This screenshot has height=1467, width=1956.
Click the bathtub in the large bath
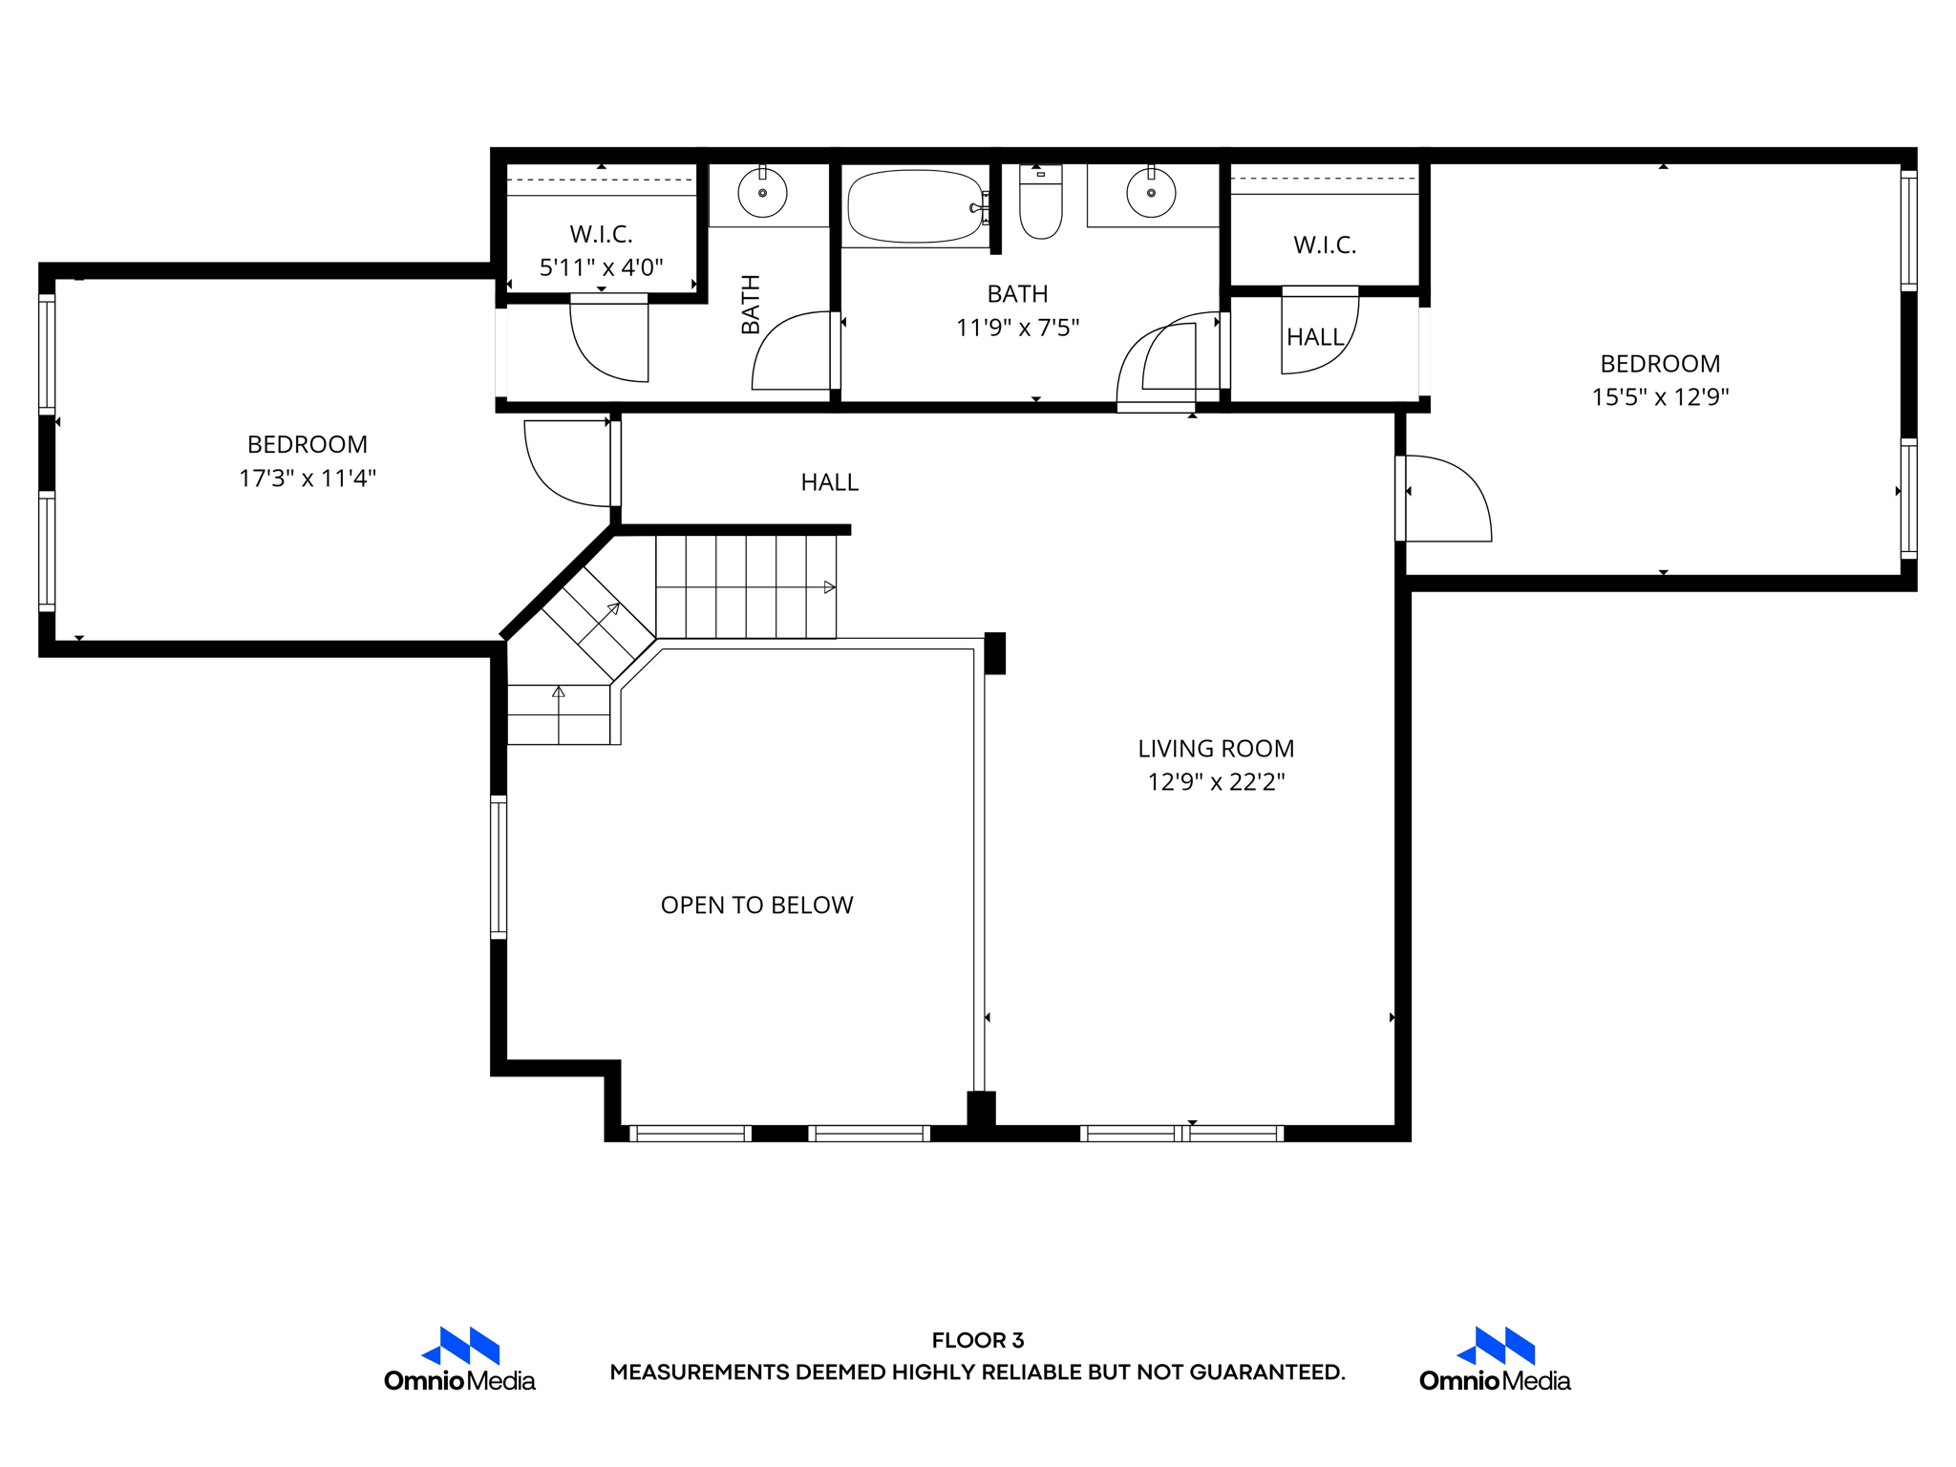[915, 206]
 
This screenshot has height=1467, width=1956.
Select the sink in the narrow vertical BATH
[762, 193]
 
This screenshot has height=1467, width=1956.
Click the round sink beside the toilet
[1151, 193]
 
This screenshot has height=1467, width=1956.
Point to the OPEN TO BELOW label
[756, 904]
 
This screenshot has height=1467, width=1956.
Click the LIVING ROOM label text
[1215, 749]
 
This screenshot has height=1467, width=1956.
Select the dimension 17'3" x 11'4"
[307, 478]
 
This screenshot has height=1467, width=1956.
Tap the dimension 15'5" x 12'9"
[1660, 396]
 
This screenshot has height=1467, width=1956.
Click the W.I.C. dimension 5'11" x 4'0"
[601, 267]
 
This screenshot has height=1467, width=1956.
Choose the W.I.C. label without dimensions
[1325, 245]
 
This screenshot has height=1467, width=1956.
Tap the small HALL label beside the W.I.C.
[1314, 337]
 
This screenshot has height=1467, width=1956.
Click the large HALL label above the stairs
[829, 482]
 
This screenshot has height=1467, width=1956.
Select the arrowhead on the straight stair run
[829, 587]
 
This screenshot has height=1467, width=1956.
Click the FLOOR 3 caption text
[977, 1340]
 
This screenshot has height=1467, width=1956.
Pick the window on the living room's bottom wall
[1181, 1134]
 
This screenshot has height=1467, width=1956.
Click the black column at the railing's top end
[994, 653]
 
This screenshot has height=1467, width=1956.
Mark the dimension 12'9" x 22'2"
[1215, 782]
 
